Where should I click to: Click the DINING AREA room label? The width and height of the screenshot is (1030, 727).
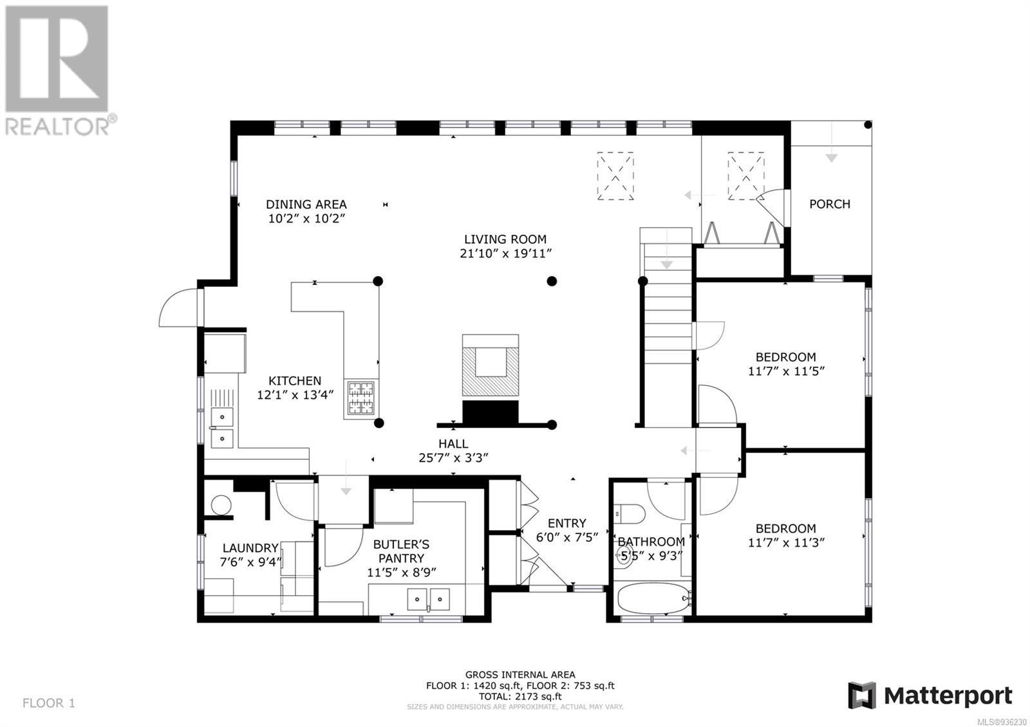[306, 204]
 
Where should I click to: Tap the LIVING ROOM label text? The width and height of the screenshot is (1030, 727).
[505, 239]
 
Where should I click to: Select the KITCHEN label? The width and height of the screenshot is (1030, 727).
[295, 380]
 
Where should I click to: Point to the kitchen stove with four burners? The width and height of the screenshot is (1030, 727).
[361, 399]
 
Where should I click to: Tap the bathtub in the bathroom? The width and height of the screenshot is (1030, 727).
[653, 598]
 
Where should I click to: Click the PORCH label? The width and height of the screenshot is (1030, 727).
[830, 204]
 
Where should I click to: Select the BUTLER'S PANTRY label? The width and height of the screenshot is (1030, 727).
[401, 551]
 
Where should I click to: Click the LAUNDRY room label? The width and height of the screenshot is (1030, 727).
[250, 548]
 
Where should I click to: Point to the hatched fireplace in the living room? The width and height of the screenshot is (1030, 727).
[490, 365]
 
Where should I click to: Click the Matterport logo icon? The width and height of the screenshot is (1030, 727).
[862, 695]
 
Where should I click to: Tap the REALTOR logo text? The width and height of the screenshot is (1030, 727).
[57, 127]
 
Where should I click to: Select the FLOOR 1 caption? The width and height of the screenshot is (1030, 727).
[48, 703]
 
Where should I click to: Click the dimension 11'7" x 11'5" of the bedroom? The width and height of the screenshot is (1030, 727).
[786, 371]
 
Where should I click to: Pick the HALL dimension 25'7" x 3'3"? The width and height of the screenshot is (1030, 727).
[453, 457]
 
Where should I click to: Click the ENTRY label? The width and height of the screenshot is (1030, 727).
[567, 523]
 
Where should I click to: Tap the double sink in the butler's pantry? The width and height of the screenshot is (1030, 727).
[429, 599]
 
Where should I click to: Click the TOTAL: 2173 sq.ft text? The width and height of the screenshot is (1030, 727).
[520, 696]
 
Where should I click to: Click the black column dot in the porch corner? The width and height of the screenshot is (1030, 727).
[868, 125]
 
